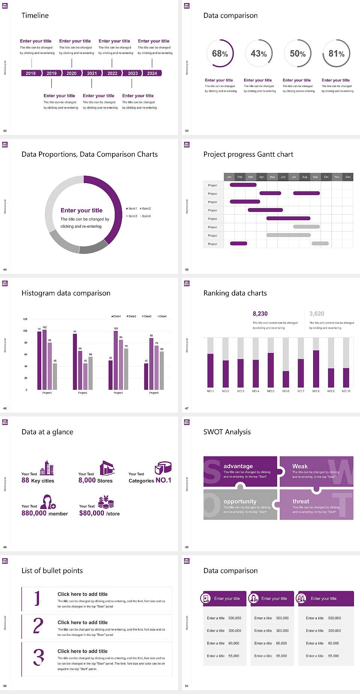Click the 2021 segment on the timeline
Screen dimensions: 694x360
(x=92, y=73)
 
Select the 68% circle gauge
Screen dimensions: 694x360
(x=220, y=53)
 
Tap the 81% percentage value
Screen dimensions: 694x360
(x=336, y=54)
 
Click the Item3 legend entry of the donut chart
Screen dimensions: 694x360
(x=132, y=216)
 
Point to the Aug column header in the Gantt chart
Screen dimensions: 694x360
(x=304, y=177)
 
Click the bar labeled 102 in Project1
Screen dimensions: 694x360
(x=45, y=358)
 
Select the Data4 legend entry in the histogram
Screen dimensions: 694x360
(x=162, y=316)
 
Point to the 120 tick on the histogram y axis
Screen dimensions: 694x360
(x=25, y=319)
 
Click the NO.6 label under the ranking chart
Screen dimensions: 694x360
(x=286, y=391)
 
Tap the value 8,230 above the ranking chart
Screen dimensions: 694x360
(x=260, y=314)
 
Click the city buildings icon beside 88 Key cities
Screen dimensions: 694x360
(x=47, y=468)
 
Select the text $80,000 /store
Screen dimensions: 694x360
(x=99, y=513)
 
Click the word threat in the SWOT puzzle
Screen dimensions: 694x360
(x=301, y=501)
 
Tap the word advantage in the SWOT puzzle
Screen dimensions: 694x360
(x=238, y=466)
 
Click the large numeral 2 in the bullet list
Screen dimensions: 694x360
(x=38, y=626)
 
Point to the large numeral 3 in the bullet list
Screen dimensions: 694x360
(x=39, y=657)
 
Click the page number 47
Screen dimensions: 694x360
(x=187, y=408)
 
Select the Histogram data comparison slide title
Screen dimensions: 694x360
(x=66, y=293)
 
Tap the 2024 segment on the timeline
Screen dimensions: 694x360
(x=152, y=73)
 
